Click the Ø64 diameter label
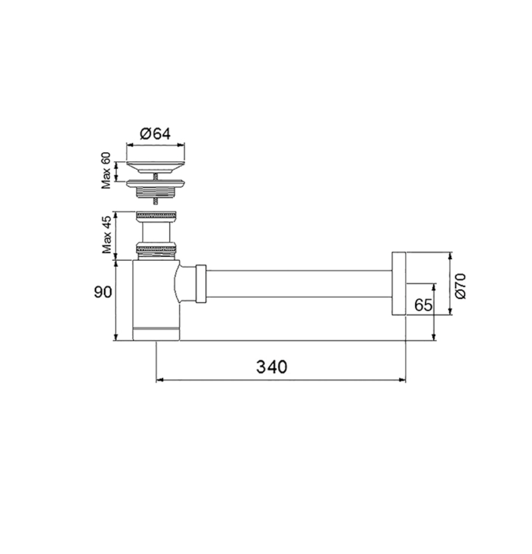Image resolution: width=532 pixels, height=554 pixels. point(155,134)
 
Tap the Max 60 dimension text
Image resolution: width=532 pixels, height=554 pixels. point(106,171)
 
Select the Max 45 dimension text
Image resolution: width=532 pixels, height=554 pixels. point(107,234)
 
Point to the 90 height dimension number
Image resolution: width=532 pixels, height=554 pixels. point(103,292)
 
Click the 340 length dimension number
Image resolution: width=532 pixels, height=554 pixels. point(272,367)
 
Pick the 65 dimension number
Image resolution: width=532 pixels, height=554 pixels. point(423,305)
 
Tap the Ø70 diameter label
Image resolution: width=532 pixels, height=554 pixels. point(460,286)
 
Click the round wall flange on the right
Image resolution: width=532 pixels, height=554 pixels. point(398,284)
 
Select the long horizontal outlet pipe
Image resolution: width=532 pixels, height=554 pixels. point(299,284)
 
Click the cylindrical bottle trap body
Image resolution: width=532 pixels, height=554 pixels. point(156,301)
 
